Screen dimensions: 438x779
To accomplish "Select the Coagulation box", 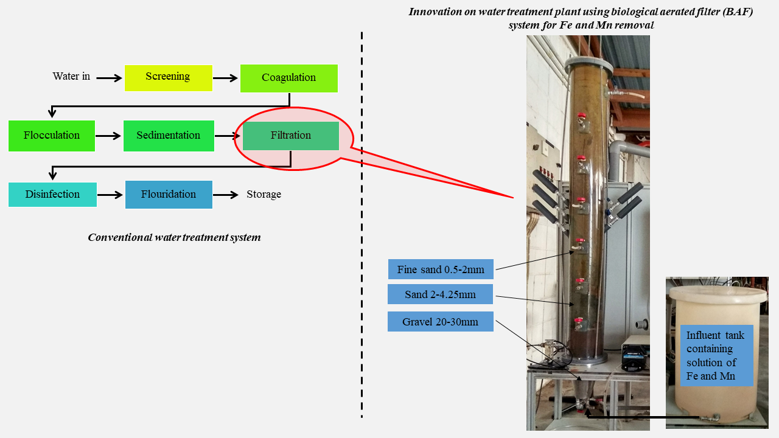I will (x=289, y=78).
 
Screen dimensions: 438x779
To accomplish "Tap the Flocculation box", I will (x=52, y=136).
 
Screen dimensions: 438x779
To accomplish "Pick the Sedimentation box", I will (x=169, y=136).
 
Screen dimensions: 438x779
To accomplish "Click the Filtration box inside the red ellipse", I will (x=291, y=136).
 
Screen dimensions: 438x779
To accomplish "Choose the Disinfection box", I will (x=52, y=195).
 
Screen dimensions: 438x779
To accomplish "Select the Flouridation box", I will (x=169, y=195).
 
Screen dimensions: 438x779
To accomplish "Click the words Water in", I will (x=71, y=77).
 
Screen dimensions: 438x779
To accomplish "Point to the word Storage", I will (x=264, y=195).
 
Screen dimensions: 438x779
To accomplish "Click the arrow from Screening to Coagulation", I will (x=226, y=78).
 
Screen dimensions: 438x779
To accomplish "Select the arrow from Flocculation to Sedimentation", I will (x=108, y=136).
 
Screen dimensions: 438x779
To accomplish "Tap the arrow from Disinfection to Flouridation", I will (x=110, y=195).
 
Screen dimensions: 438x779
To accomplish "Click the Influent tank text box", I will (x=716, y=355).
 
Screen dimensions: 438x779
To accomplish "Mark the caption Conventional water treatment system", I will (x=174, y=237).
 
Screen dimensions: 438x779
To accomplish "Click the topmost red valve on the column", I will (x=581, y=116).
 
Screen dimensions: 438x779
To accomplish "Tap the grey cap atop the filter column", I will (x=587, y=63).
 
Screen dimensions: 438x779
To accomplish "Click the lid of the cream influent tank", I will (x=717, y=295).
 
